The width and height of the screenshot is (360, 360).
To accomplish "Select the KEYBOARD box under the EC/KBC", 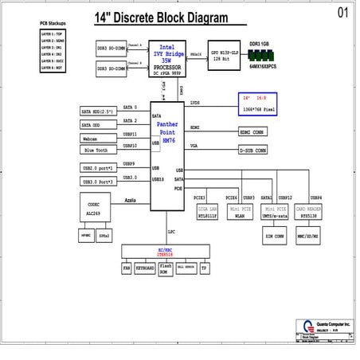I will [x=145, y=268].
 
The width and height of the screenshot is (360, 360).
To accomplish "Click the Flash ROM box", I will [x=165, y=268].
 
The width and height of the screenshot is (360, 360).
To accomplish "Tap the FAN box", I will [x=127, y=268].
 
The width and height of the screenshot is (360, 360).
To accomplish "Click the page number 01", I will [x=342, y=12].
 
